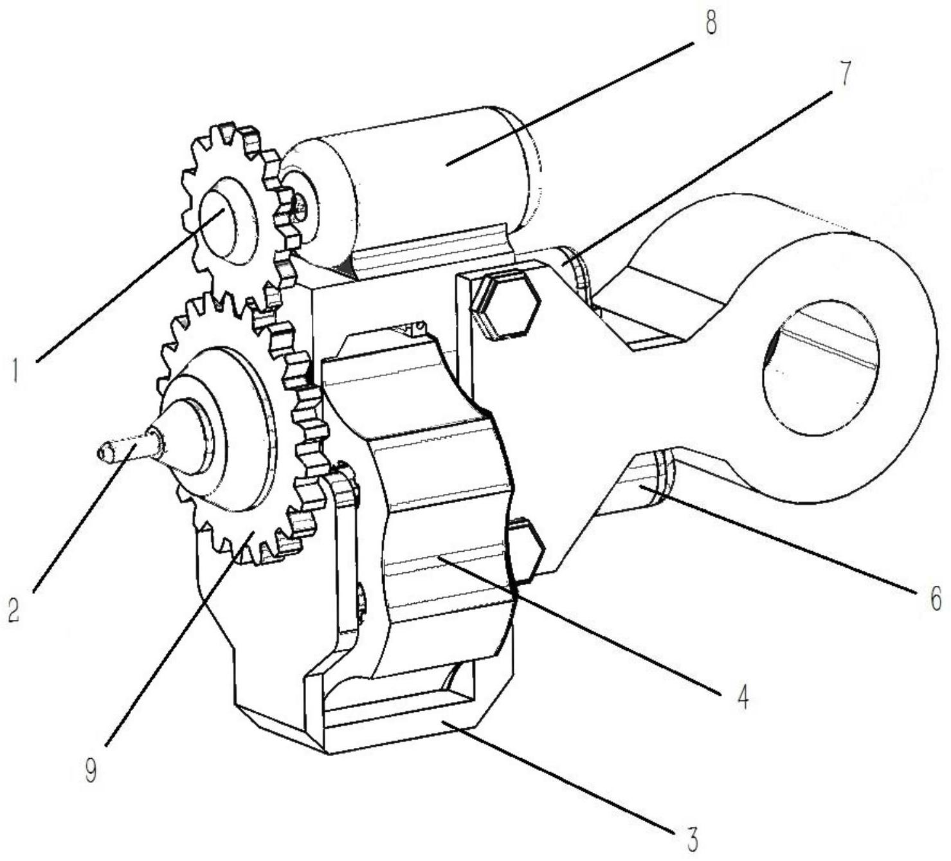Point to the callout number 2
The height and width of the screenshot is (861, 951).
(x=14, y=608)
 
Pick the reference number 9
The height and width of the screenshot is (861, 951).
(x=91, y=768)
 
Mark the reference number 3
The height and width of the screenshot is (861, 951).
(x=692, y=838)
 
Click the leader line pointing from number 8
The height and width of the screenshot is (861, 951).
(x=570, y=104)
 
